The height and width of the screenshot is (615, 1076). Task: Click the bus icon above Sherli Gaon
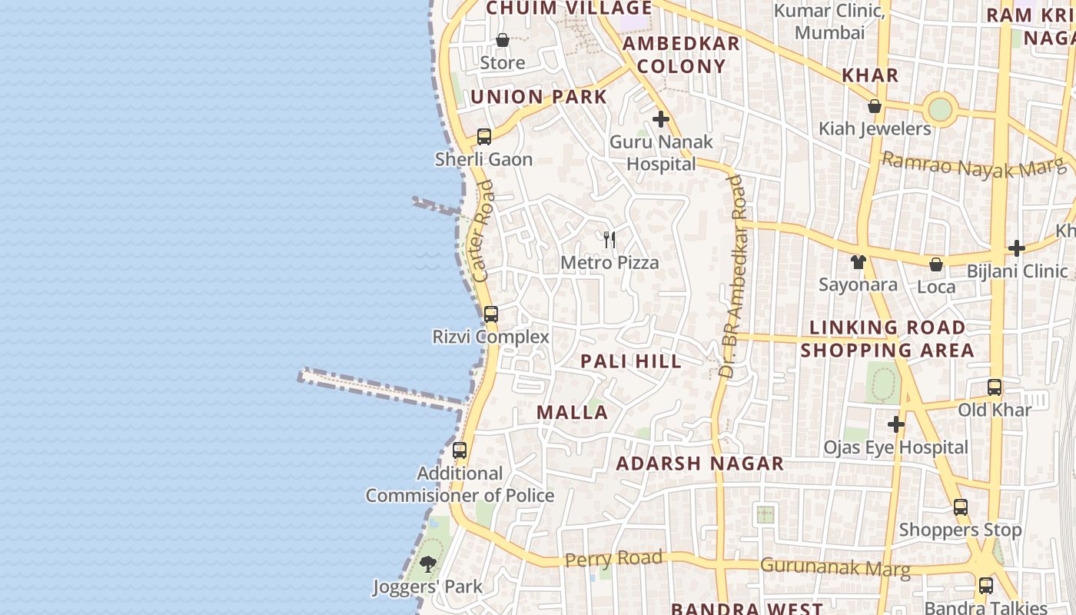[x=483, y=137]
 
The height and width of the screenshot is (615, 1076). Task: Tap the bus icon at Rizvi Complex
[x=491, y=314]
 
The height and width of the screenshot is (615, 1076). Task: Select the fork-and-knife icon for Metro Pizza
[x=609, y=240]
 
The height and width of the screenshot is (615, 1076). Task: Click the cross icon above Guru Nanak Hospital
[x=661, y=119]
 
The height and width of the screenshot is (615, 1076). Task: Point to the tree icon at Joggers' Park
[x=428, y=565]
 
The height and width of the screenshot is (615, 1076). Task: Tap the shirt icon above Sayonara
[x=858, y=262]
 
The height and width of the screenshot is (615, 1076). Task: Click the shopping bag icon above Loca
[x=936, y=264]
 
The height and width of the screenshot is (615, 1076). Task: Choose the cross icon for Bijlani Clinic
[x=1017, y=248]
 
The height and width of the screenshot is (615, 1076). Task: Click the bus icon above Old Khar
[x=995, y=387]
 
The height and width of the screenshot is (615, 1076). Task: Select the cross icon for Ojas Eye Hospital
[x=896, y=424]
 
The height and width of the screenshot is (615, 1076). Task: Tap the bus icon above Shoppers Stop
[x=961, y=507]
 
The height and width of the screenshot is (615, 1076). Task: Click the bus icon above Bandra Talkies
[x=986, y=586]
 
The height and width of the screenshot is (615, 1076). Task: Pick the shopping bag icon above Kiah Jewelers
[x=874, y=106]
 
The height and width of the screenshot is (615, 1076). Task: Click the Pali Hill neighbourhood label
[x=631, y=361]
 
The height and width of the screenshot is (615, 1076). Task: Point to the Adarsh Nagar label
[x=699, y=464]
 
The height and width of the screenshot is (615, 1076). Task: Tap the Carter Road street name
[x=483, y=231]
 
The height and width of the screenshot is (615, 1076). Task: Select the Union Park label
[x=539, y=97]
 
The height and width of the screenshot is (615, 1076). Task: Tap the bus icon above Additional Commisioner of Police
[x=460, y=450]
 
